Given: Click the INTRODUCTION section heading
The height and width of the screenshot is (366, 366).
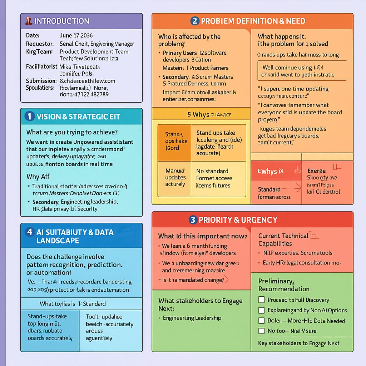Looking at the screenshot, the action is point(61,21).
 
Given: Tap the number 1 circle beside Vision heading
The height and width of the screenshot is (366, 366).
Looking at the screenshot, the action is point(30,116).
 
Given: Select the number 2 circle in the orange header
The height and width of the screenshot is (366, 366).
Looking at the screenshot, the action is point(194,21).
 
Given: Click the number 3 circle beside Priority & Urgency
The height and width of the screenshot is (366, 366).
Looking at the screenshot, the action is point(193,220).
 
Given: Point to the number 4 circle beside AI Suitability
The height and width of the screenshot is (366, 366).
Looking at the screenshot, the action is point(30,232).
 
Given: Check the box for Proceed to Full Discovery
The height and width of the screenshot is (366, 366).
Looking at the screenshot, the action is point(261,300).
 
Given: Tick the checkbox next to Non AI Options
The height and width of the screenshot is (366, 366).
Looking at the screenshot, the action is point(261,310).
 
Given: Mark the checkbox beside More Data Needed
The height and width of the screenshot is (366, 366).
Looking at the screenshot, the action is point(261,321).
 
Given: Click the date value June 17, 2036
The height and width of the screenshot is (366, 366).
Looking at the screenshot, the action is point(76,36).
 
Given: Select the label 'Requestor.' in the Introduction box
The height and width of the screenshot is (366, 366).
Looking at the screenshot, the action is point(40,44).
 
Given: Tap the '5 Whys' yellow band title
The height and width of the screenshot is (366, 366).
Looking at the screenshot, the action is point(199,114).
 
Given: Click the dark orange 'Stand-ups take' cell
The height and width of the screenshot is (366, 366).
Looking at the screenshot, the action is point(174,141).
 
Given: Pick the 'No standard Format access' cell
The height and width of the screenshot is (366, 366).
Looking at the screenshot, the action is point(218,178).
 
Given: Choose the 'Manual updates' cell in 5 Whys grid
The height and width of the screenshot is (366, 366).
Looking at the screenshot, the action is point(174,178).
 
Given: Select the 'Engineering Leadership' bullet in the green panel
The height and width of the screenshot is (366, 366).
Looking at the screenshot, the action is point(192,318).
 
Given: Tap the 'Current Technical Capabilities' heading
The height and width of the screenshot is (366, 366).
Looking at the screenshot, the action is point(283,239).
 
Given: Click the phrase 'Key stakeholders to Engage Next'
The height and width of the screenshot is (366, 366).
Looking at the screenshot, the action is point(299,343).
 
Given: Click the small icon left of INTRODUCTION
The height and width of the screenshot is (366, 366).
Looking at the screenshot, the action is point(29,21).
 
